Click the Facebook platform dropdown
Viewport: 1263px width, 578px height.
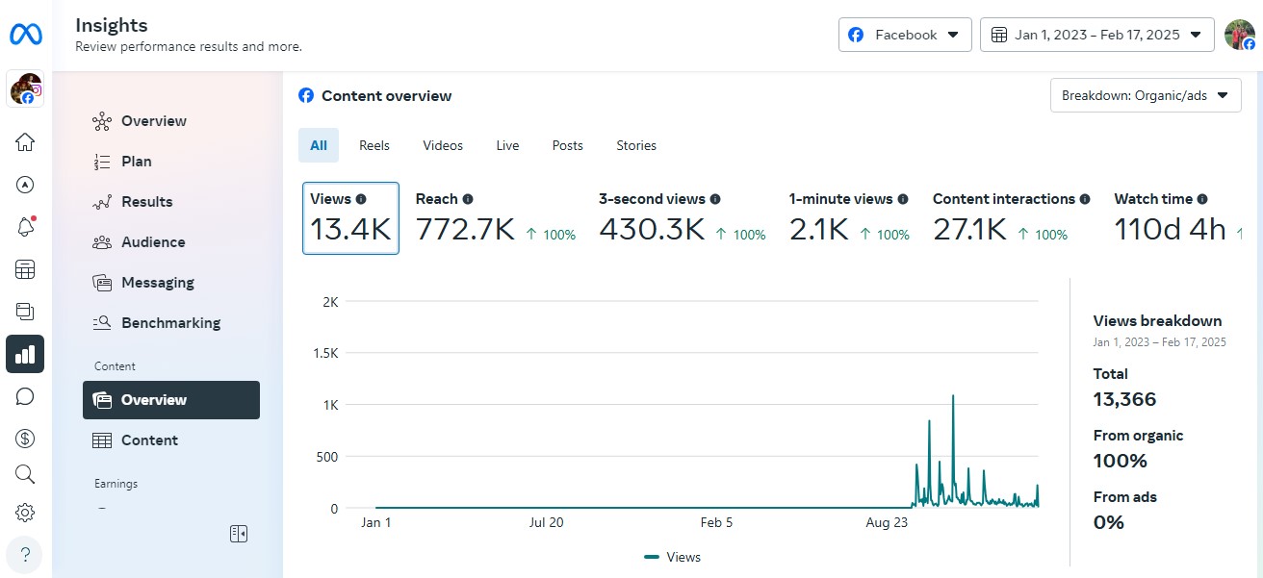click(x=904, y=35)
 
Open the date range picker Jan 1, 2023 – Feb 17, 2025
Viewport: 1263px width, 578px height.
click(x=1096, y=35)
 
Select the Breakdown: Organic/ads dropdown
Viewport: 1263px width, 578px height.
click(x=1145, y=96)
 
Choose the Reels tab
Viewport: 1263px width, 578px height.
click(x=374, y=145)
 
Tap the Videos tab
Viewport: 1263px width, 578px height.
click(x=443, y=145)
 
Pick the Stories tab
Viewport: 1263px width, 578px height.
click(x=636, y=145)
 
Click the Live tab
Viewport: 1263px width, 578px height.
click(x=507, y=145)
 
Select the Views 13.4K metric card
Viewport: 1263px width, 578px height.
click(x=350, y=218)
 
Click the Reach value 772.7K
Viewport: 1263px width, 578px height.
click(x=465, y=230)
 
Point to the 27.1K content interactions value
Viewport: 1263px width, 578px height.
click(x=969, y=230)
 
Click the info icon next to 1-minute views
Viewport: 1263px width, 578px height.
click(x=903, y=199)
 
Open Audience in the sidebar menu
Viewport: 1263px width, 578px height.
click(x=152, y=242)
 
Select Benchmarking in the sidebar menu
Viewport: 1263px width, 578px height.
click(x=170, y=323)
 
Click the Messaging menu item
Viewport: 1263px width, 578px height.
click(x=157, y=283)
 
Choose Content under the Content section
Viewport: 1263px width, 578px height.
click(x=149, y=440)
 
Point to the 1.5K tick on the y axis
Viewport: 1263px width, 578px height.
click(x=326, y=353)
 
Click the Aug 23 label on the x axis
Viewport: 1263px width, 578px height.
click(x=887, y=522)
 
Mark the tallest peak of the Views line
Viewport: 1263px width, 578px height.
click(x=953, y=395)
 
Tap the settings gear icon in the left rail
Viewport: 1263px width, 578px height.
click(x=25, y=513)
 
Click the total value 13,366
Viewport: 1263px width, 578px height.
click(x=1124, y=399)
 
